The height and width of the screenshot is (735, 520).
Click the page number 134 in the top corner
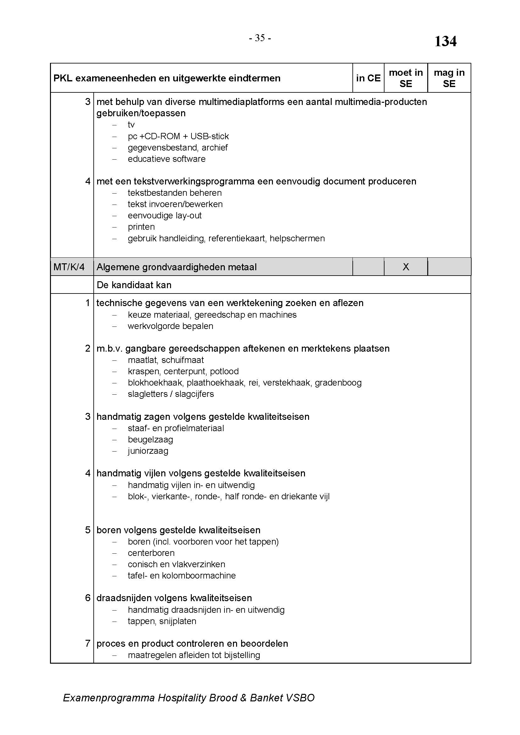click(445, 41)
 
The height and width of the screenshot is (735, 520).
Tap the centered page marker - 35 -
click(260, 38)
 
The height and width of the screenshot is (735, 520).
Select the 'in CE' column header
click(368, 78)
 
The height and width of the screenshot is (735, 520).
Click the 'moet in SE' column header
click(405, 78)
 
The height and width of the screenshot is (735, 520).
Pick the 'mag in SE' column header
click(449, 78)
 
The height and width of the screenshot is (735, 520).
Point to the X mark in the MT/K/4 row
click(406, 267)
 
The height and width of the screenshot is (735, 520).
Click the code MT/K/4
click(69, 267)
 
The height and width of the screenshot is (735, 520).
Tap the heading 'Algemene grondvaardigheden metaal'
click(176, 267)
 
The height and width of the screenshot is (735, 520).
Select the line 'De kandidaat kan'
click(134, 285)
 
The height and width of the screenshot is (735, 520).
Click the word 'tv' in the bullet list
click(131, 124)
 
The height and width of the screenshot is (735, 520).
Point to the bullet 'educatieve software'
click(167, 159)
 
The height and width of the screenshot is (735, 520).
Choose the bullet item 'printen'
click(141, 227)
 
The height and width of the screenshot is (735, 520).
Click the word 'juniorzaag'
click(148, 451)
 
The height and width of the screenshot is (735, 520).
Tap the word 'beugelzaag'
click(150, 440)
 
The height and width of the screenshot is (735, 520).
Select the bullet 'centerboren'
click(151, 553)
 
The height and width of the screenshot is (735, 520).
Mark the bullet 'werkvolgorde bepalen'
click(170, 326)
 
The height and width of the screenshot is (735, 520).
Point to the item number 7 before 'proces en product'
click(88, 644)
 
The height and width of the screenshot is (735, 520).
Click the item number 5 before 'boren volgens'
click(88, 530)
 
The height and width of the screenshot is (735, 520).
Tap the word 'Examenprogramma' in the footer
click(109, 698)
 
